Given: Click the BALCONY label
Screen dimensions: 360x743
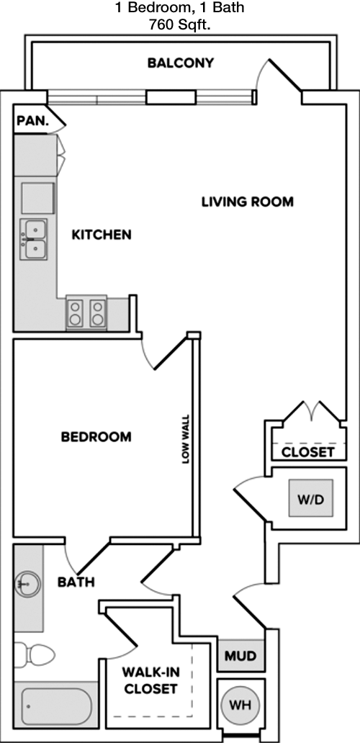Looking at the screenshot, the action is click(181, 63).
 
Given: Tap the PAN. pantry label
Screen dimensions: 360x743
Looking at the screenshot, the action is click(32, 120).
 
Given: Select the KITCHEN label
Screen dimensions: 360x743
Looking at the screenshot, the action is click(102, 235).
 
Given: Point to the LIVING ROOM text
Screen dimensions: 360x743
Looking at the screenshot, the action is click(248, 202).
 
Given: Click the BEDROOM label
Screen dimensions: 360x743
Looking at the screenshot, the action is click(96, 436).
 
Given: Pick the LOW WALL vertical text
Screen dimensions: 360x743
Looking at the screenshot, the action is click(186, 439).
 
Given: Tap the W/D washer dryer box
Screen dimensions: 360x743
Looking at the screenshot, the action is click(311, 498).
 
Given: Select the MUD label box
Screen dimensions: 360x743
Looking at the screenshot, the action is click(240, 656).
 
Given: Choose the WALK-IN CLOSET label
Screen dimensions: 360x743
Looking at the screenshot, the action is click(150, 680).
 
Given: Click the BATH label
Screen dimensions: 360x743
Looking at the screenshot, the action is click(76, 582).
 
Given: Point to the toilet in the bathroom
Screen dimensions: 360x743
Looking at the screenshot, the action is click(34, 655).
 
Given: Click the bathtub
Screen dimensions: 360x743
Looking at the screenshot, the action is click(56, 706).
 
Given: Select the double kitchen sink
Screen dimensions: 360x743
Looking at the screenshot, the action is click(34, 239).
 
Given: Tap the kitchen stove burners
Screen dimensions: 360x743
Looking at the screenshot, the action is click(86, 312).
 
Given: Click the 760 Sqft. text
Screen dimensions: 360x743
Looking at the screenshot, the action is click(180, 25).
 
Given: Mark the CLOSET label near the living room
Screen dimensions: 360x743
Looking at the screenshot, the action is click(308, 452).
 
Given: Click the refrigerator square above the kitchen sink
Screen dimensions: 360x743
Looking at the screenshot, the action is click(38, 198).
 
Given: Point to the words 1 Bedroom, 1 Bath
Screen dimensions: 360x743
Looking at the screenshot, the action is click(180, 8).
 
